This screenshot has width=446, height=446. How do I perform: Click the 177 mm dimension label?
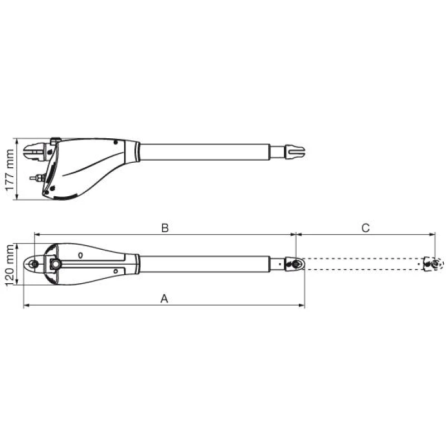[9, 170]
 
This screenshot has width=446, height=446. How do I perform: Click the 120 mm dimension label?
[9, 265]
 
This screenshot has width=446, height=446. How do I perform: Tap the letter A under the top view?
[164, 299]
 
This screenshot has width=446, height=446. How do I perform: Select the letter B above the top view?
[165, 228]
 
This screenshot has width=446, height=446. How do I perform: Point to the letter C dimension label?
[365, 228]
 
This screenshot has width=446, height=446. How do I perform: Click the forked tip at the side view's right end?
[295, 152]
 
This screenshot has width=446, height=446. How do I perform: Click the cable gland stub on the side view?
[37, 178]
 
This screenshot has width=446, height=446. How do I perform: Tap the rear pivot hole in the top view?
[35, 264]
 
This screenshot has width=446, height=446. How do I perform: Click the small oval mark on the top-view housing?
[80, 255]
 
